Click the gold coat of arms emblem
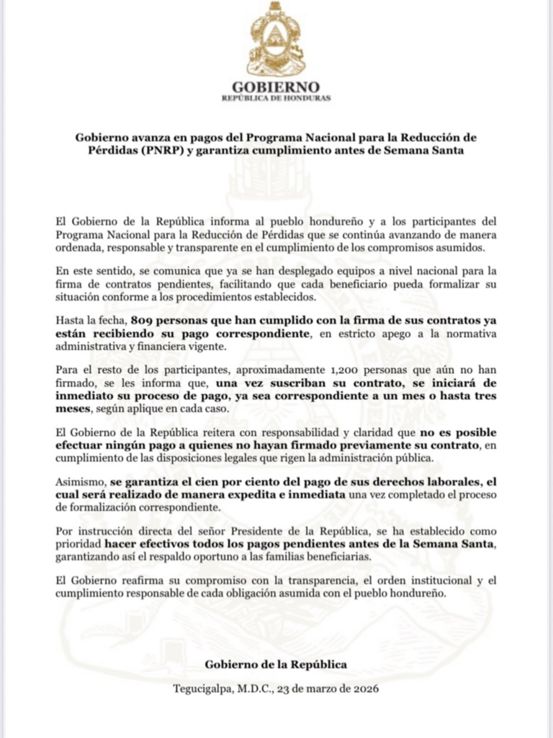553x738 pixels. click(x=276, y=40)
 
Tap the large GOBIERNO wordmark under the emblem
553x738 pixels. click(x=276, y=88)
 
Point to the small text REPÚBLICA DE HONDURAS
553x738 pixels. click(x=276, y=99)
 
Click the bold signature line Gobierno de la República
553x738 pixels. click(x=276, y=664)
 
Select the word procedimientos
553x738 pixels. click(x=229, y=296)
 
